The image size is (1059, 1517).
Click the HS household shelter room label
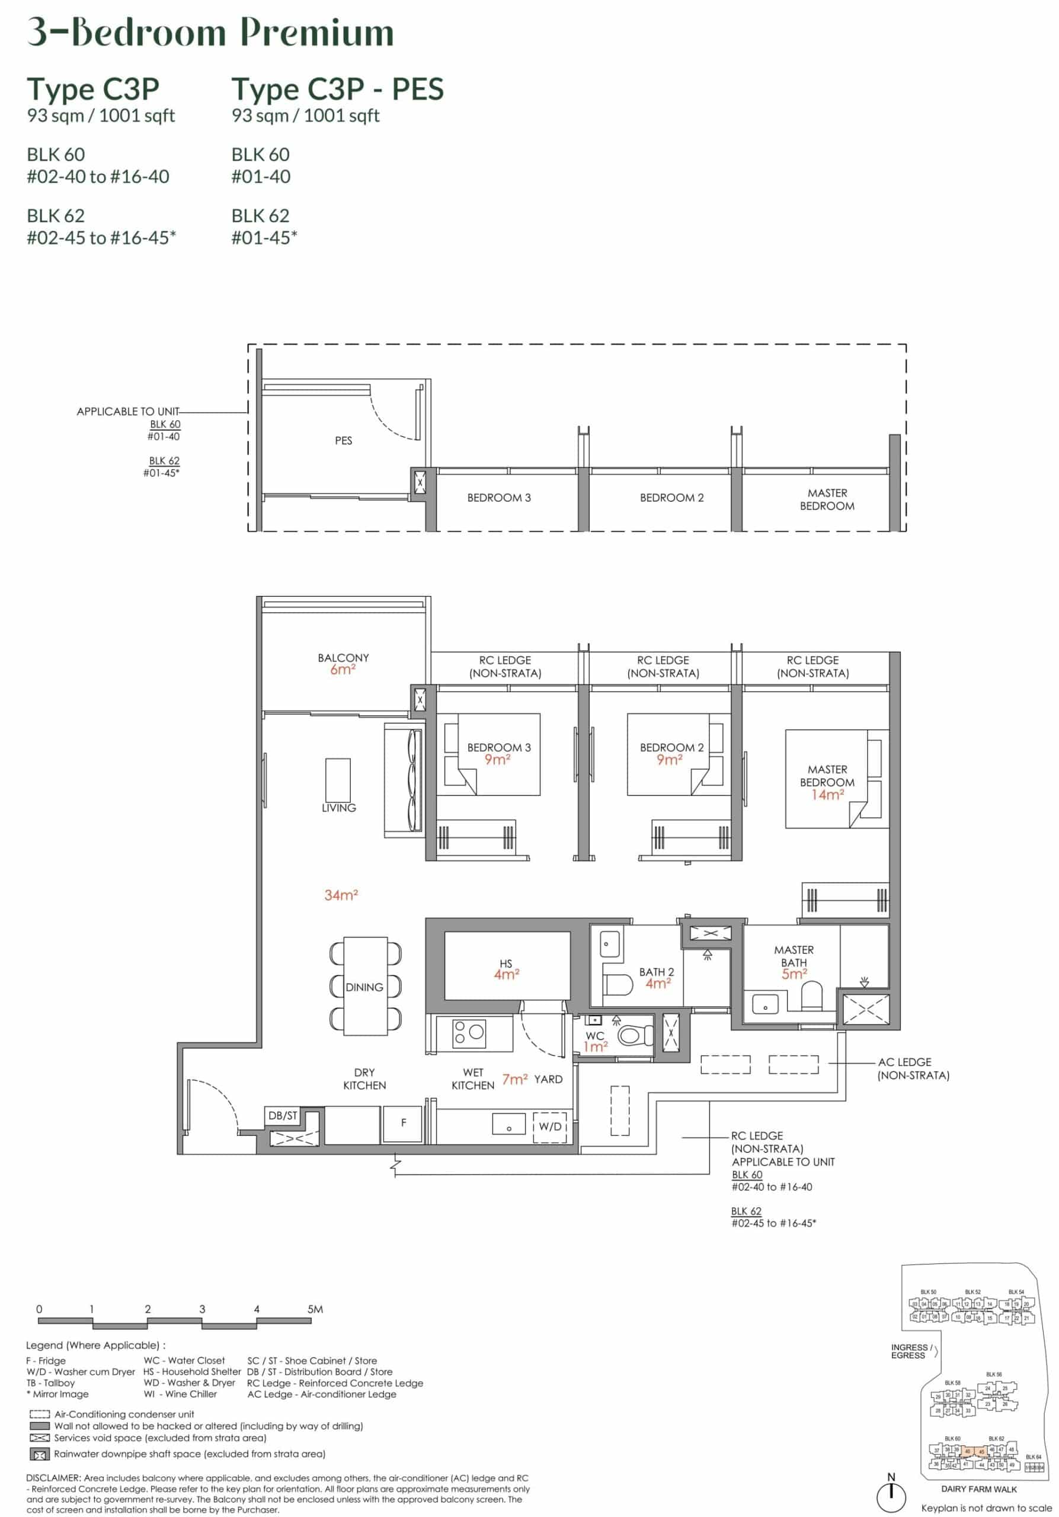coord(506,964)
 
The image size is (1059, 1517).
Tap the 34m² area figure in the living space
coord(341,895)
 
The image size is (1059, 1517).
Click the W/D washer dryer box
coord(550,1126)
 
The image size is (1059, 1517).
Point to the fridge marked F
coord(403,1122)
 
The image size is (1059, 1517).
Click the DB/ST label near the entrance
coord(283,1115)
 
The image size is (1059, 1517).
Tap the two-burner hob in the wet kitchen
coord(469,1033)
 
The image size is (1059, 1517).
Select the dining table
coord(365,987)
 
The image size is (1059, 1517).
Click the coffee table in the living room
coord(338,780)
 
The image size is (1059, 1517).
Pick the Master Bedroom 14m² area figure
coord(827,795)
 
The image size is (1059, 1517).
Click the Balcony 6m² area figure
coord(343,669)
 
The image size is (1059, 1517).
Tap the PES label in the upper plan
coord(343,441)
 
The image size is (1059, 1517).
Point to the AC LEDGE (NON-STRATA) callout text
coord(913,1068)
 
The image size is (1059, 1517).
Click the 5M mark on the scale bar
coord(315,1309)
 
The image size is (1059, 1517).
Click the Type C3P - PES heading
coord(337,89)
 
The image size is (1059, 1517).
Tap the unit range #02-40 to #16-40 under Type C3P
coord(98,177)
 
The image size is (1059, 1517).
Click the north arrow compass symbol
coord(891,1493)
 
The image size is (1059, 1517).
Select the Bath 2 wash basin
coord(610,945)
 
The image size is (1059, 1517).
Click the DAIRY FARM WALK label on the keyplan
coord(978,1489)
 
